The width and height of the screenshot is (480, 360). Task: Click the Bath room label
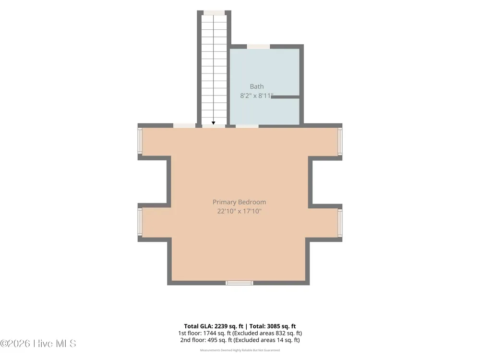[256, 86]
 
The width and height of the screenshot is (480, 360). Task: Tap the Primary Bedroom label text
[240, 202]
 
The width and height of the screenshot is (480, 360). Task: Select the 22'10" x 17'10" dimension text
[240, 211]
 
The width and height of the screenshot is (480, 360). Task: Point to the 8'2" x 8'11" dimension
[256, 96]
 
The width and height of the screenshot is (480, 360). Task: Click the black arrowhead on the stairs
[214, 123]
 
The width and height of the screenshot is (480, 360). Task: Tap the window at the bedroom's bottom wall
[240, 283]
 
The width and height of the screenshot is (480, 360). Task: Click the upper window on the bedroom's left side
[140, 141]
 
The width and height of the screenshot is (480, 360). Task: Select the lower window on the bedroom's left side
[140, 222]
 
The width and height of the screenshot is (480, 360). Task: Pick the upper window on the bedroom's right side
[340, 141]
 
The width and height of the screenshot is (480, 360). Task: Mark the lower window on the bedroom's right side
[340, 223]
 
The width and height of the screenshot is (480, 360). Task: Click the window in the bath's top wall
[258, 47]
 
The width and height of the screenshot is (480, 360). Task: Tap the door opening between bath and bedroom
[247, 126]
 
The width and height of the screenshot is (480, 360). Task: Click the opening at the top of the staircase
[214, 12]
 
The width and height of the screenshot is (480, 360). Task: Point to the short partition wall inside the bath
[285, 97]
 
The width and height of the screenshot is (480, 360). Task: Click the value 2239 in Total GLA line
[221, 326]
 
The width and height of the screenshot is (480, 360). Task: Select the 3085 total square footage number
[274, 326]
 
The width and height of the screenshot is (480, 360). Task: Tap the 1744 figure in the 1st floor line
[209, 333]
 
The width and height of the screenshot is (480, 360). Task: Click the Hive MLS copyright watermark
[38, 344]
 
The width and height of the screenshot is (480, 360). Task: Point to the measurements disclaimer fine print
[240, 350]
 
